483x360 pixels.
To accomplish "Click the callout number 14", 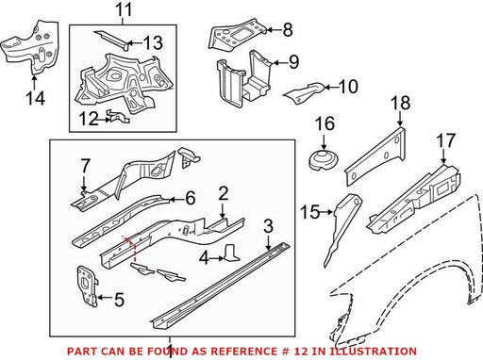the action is coord(36,98).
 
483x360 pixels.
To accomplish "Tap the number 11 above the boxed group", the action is coord(123,10).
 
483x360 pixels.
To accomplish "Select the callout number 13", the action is coord(153,42).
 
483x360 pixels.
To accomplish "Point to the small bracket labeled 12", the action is coord(118,117).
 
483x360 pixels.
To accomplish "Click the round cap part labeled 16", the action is coord(324,160).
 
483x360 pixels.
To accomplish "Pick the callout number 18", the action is coord(401,104).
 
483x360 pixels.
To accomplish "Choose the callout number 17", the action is coord(446,140).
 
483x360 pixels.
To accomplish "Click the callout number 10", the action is coord(348,87).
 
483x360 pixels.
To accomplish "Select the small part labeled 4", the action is coord(232,253).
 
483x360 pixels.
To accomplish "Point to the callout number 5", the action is coord(119,300).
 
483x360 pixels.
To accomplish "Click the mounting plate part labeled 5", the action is coord(87,286).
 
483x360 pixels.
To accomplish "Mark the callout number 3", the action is coord(268,226).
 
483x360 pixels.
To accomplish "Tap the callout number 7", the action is coord(85,166).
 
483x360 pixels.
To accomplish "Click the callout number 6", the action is coord(191,198).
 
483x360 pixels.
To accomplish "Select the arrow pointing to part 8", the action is coord(275,30).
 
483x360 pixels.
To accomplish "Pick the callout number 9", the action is coord(293,61).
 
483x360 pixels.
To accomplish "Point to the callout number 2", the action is coord(223,194).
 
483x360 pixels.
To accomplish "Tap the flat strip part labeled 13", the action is coord(111,40).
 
